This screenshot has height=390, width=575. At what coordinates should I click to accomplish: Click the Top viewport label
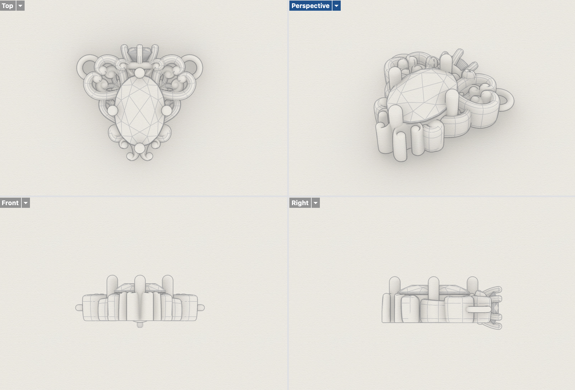pyautogui.click(x=7, y=6)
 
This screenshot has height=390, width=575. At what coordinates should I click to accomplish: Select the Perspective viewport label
pyautogui.click(x=310, y=6)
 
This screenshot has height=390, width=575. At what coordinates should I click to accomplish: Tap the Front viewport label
pyautogui.click(x=10, y=203)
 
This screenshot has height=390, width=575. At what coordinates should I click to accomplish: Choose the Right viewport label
pyautogui.click(x=300, y=203)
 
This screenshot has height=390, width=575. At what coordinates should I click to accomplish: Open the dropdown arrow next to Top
pyautogui.click(x=20, y=6)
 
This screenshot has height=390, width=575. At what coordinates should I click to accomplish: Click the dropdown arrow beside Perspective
pyautogui.click(x=336, y=6)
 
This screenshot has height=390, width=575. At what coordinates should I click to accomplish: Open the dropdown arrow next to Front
pyautogui.click(x=26, y=203)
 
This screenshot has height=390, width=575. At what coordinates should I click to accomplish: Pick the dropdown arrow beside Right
pyautogui.click(x=316, y=203)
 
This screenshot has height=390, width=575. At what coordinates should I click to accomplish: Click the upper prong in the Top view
pyautogui.click(x=139, y=73)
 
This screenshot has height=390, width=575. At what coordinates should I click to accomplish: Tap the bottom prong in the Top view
pyautogui.click(x=139, y=148)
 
